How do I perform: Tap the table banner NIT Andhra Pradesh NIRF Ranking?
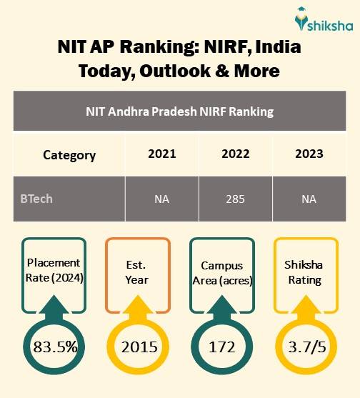point(179,112)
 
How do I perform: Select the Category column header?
point(69,154)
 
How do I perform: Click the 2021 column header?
point(161,154)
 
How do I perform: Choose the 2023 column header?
point(308,154)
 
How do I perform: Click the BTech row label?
point(36,198)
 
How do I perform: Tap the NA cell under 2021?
point(161,199)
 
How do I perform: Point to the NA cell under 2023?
point(308,199)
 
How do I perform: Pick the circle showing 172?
point(223,348)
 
